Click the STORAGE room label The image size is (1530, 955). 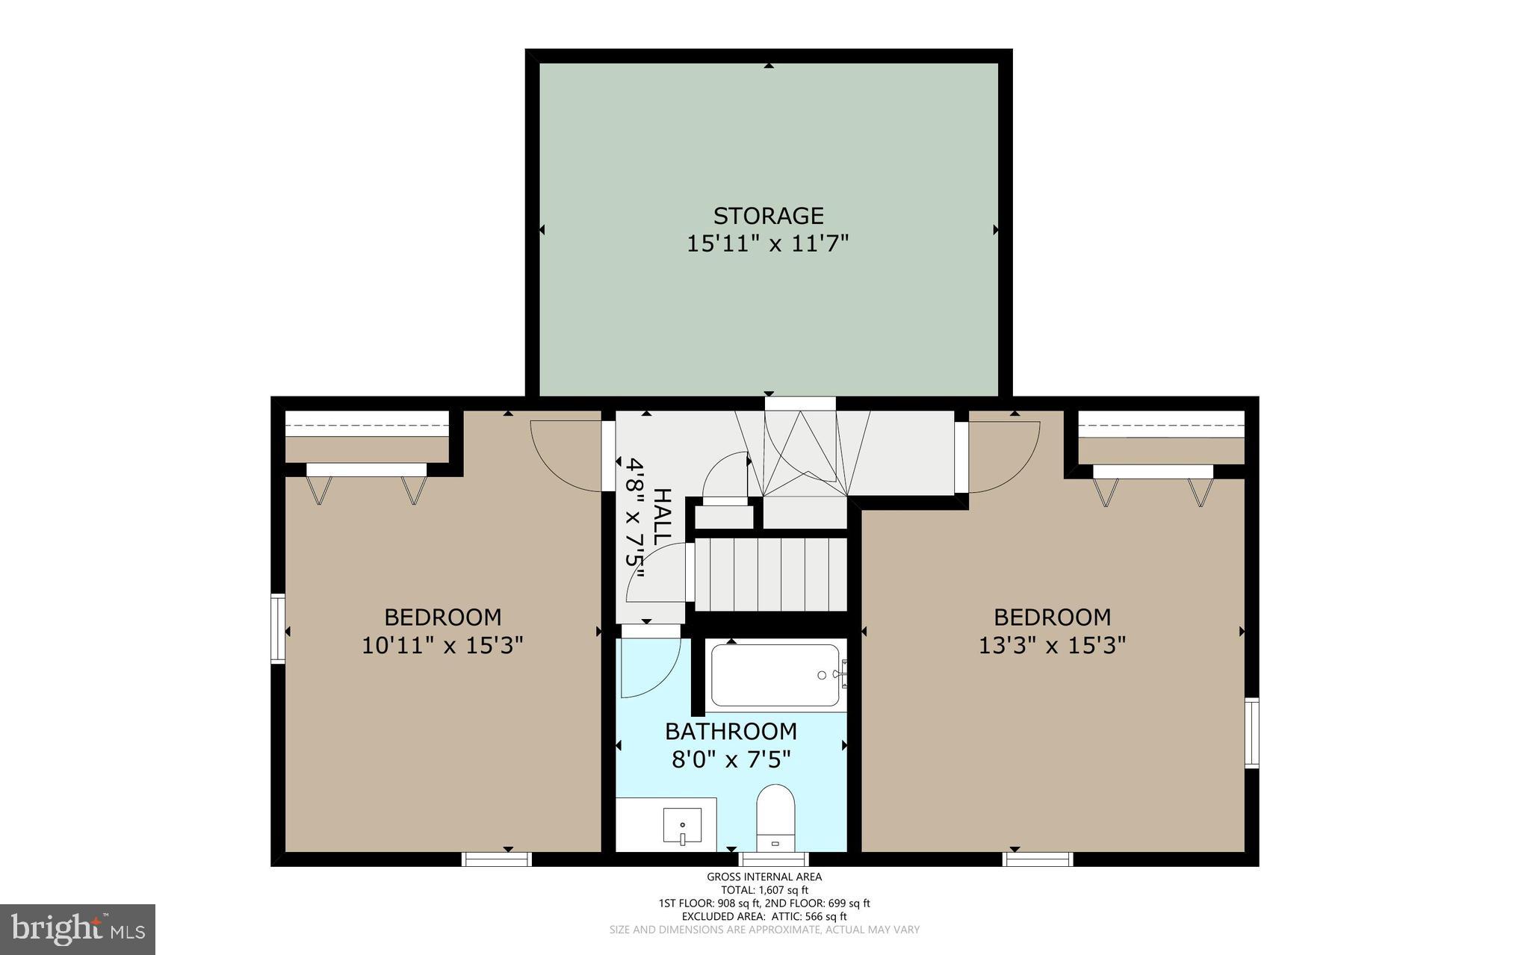pos(768,216)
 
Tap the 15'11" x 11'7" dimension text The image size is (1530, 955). pos(768,243)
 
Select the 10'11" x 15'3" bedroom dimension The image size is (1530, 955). pos(442,645)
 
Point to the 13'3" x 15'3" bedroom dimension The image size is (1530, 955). pos(1052,645)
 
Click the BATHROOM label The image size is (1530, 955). pos(731,731)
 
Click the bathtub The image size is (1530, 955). pos(775,675)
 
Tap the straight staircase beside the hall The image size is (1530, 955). pos(770,574)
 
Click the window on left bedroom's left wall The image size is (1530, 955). pos(278,628)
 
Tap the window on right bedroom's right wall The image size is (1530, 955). pos(1251,732)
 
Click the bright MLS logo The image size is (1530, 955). pos(78,929)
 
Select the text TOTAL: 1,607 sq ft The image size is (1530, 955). pos(764,890)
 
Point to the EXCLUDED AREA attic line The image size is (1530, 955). pos(764,916)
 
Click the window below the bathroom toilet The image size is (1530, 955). pos(773,859)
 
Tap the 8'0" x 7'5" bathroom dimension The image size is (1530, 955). pos(731,760)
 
